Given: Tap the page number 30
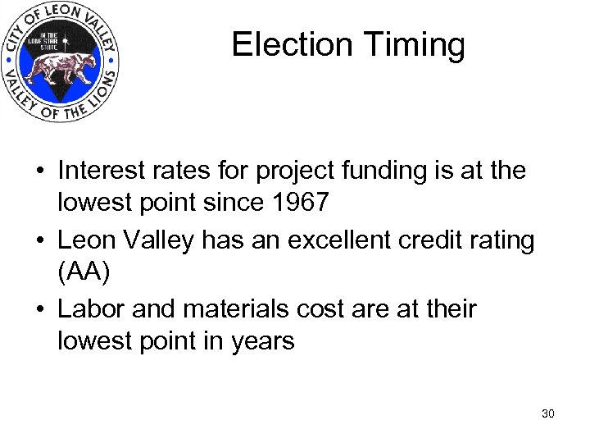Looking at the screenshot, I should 548,413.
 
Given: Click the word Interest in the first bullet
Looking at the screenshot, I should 104,171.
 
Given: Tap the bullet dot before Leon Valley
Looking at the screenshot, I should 40,241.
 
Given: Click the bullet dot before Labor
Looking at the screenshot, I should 40,310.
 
